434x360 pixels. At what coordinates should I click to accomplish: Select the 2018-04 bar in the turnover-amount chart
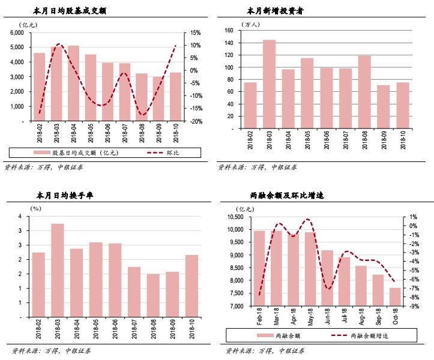pyautogui.click(x=73, y=83)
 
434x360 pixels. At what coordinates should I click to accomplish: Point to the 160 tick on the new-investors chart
pyautogui.click(x=228, y=30)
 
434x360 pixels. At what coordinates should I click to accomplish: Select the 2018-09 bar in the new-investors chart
pyautogui.click(x=383, y=107)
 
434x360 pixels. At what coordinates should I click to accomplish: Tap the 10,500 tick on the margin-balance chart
pyautogui.click(x=235, y=217)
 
